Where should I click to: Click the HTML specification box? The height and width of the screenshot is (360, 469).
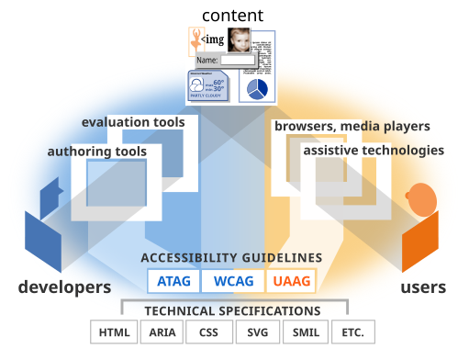pos(114,332)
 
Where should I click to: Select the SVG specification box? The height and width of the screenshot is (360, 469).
pos(256,332)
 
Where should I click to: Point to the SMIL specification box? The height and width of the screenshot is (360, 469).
pos(304,332)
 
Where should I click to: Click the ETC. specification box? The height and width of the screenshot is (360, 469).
pos(352,332)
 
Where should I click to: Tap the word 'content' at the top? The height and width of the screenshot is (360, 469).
pos(232,15)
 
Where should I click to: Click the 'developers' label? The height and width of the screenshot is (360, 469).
pos(64,287)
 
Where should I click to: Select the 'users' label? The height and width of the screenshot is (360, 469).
pos(423,287)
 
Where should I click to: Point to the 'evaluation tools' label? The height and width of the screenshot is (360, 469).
pos(133,122)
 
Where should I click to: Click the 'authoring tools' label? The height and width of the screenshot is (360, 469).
pos(97,151)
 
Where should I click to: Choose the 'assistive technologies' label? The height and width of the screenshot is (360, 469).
pos(374,150)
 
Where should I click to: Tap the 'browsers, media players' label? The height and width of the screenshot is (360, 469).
pos(352,126)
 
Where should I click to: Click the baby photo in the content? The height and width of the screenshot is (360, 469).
pos(240,41)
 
